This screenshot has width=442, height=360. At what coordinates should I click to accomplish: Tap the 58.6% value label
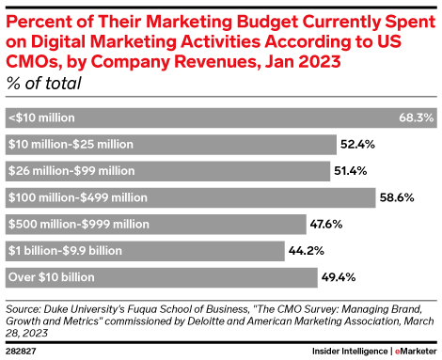(399, 197)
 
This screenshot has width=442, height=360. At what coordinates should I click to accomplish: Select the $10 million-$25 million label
(70, 145)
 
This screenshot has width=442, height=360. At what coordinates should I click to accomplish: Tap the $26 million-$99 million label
(70, 171)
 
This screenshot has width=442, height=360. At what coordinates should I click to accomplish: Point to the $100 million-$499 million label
(76, 197)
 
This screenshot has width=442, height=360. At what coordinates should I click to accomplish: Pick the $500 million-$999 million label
(76, 224)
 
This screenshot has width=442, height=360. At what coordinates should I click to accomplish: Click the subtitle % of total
(42, 84)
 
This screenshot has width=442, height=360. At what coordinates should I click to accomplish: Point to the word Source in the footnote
(24, 307)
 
